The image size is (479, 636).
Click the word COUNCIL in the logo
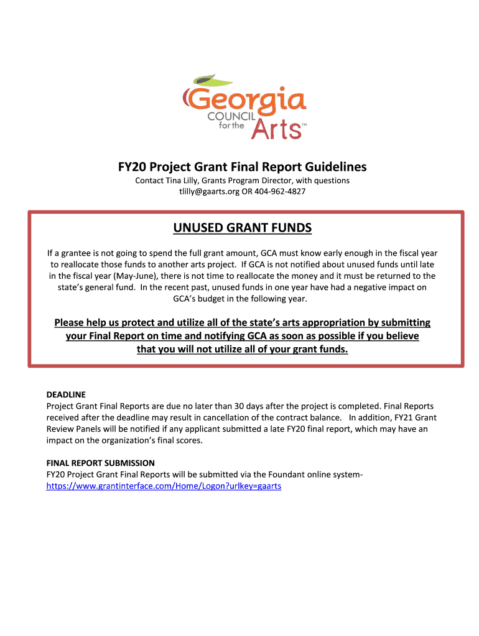click(230, 117)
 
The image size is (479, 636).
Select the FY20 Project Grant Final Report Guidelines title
click(243, 167)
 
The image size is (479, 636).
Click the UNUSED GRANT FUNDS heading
click(243, 229)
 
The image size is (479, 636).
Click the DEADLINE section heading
click(66, 394)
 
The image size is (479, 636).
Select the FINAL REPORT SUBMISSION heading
click(101, 463)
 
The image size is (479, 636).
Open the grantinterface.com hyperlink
click(164, 486)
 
